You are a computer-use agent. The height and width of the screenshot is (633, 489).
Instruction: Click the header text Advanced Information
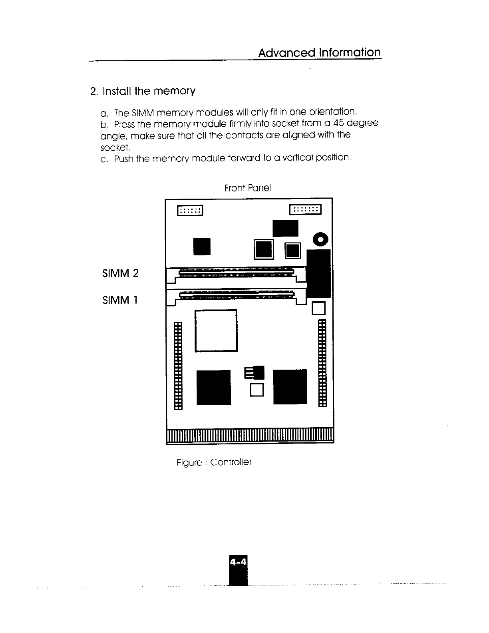(319, 53)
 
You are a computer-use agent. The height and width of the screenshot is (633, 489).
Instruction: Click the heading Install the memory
(143, 91)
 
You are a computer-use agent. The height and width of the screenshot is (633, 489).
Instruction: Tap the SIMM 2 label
(120, 273)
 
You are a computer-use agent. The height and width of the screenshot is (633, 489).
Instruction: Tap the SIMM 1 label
(120, 300)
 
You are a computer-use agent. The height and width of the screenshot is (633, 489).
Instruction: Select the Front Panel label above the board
(248, 188)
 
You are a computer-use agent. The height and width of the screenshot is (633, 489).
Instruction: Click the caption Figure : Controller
(214, 462)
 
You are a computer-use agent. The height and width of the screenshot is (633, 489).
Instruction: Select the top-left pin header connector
(190, 211)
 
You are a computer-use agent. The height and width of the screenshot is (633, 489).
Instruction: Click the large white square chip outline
(216, 330)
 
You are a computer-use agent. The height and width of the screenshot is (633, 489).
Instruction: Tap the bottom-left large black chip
(214, 387)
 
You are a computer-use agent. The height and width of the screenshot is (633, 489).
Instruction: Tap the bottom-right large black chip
(290, 387)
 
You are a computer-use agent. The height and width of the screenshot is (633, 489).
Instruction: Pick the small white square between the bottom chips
(257, 390)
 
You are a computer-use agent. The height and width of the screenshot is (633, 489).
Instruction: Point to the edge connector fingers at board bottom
(250, 436)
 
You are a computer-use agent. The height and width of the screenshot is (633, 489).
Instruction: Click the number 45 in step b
(340, 123)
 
